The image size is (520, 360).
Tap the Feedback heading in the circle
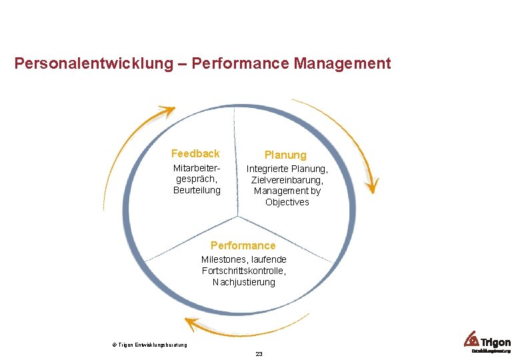coord(195,153)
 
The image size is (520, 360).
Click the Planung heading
coord(285,155)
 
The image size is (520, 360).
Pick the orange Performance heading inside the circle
coord(243,245)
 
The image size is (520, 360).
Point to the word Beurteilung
coord(197,191)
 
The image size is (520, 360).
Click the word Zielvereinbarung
coord(287,180)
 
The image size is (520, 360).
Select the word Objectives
coord(287,202)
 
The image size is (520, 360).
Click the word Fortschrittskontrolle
coord(244,271)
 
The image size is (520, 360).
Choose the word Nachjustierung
coord(243,282)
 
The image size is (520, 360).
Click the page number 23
coord(259,354)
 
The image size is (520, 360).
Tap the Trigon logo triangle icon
coord(472,338)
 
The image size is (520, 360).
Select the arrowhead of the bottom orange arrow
coord(191,325)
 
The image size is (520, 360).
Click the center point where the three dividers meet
coord(238,216)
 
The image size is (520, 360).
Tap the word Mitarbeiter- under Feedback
coord(197,168)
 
